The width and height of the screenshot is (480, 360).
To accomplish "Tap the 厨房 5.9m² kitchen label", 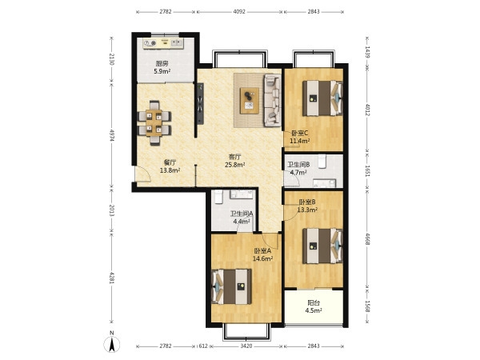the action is pyautogui.click(x=162, y=68).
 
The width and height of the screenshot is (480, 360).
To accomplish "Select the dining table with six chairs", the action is pyautogui.click(x=154, y=122).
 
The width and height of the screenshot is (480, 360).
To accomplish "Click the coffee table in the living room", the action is pyautogui.click(x=250, y=101).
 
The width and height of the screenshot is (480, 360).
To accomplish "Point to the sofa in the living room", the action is pyautogui.click(x=273, y=101).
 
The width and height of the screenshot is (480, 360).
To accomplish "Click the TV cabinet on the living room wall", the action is pyautogui.click(x=200, y=103).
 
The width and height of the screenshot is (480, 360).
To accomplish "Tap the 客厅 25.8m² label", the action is pyautogui.click(x=234, y=161).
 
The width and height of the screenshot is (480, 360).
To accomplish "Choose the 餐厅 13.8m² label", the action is pyautogui.click(x=170, y=166).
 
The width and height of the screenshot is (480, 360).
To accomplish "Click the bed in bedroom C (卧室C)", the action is pyautogui.click(x=322, y=98).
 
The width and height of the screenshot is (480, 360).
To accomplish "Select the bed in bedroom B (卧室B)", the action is pyautogui.click(x=322, y=246).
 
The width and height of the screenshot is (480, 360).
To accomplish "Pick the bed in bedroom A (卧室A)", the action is pyautogui.click(x=231, y=287).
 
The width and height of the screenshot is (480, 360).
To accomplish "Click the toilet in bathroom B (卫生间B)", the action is pyautogui.click(x=322, y=162).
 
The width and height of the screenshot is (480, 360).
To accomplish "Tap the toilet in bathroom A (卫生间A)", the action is pyautogui.click(x=218, y=197).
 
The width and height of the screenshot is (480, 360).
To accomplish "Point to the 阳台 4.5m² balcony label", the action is pyautogui.click(x=314, y=306).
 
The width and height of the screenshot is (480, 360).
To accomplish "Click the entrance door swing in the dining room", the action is pyautogui.click(x=143, y=174).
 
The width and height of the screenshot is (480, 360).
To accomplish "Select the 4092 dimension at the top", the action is pyautogui.click(x=239, y=12).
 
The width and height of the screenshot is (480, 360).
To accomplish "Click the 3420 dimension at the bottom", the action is pyautogui.click(x=246, y=346).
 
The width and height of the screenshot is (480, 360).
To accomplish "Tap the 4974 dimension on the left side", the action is pyautogui.click(x=111, y=134).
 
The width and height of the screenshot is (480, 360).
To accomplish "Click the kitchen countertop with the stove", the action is pyautogui.click(x=163, y=44).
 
